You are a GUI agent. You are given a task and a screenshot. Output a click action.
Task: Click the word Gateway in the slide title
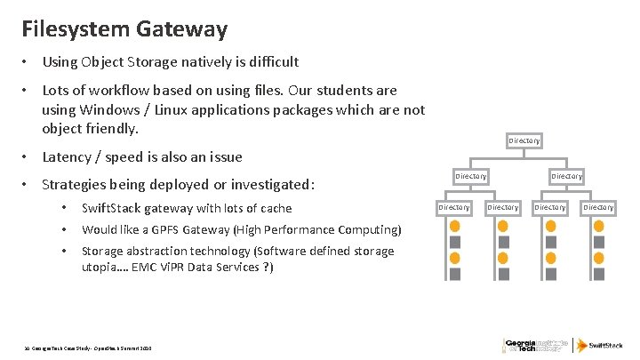[182, 28]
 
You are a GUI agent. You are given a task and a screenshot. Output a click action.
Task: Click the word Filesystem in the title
[77, 28]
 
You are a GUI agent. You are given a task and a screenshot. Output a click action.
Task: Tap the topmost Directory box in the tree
[524, 140]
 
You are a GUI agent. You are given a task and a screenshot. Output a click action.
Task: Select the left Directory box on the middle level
[471, 176]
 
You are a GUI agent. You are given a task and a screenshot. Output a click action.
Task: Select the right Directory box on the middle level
[566, 176]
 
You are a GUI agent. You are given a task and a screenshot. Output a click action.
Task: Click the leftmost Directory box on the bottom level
[454, 207]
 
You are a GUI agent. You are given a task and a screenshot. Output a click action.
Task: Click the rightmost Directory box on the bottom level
[598, 207]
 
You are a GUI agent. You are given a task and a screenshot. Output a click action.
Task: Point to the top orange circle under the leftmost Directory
[455, 226]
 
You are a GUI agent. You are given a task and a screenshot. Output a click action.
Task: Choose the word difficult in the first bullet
[271, 62]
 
